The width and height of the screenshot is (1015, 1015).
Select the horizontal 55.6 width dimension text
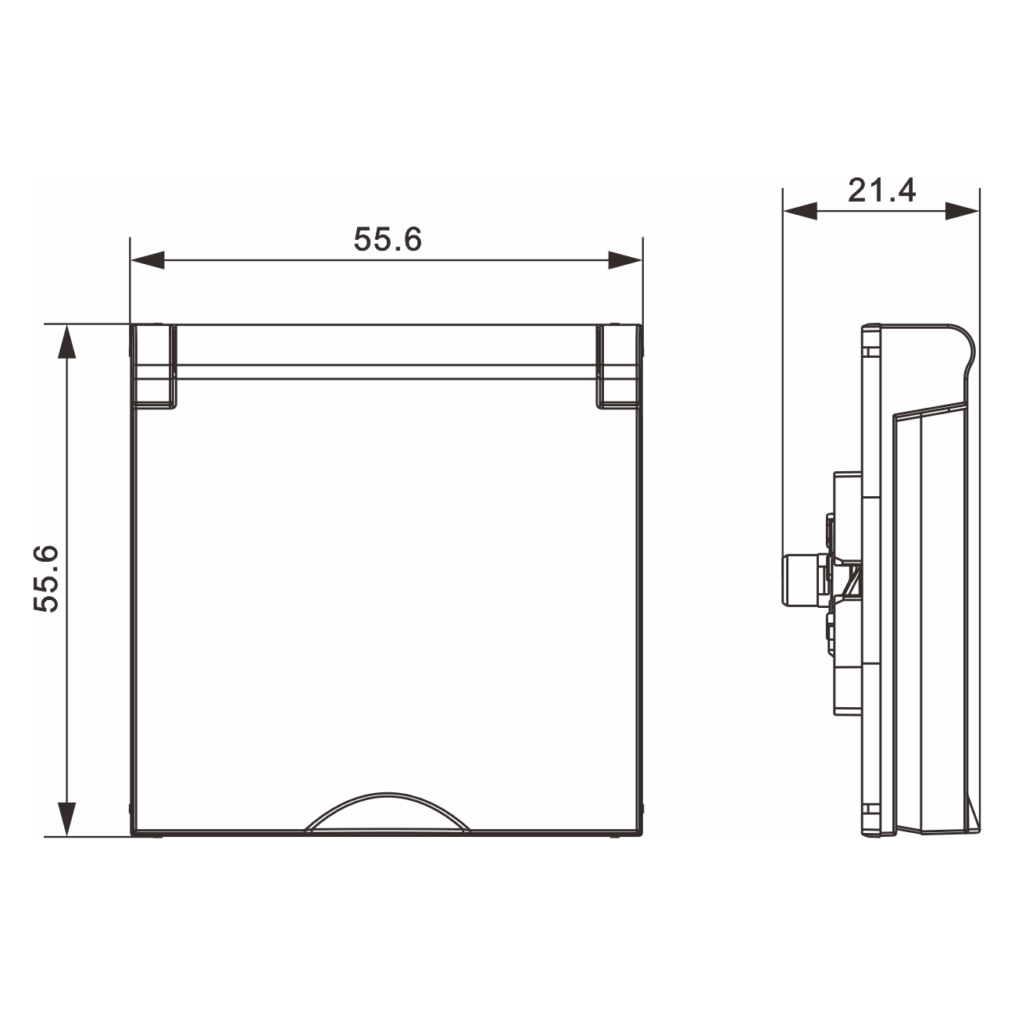(x=388, y=240)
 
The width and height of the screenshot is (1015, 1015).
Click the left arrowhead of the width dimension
(x=148, y=260)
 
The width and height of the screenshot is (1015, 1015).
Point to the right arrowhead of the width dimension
(x=625, y=260)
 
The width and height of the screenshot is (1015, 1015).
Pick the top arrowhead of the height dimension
(x=66, y=341)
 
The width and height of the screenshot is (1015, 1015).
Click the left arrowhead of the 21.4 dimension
(x=801, y=211)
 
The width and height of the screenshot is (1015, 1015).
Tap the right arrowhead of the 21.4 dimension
(x=963, y=211)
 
